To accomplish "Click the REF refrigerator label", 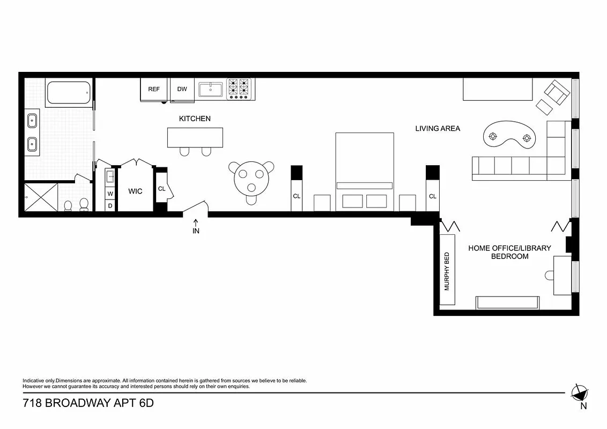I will pyautogui.click(x=154, y=89).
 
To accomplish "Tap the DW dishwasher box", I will pyautogui.click(x=182, y=89).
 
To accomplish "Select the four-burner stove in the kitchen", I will pyautogui.click(x=239, y=89).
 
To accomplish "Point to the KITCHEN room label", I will pyautogui.click(x=195, y=119).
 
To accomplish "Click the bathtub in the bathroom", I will pyautogui.click(x=68, y=93).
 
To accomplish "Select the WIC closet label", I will pyautogui.click(x=135, y=191).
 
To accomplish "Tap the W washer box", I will pyautogui.click(x=110, y=194).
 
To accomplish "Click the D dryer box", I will pyautogui.click(x=110, y=205).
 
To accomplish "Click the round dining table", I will pyautogui.click(x=251, y=175).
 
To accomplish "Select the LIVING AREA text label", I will pyautogui.click(x=438, y=129).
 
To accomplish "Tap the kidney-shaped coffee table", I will pyautogui.click(x=509, y=137).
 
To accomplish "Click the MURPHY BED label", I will pyautogui.click(x=447, y=271).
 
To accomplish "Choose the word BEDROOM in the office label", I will pyautogui.click(x=509, y=256).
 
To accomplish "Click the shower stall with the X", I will pyautogui.click(x=41, y=198).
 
